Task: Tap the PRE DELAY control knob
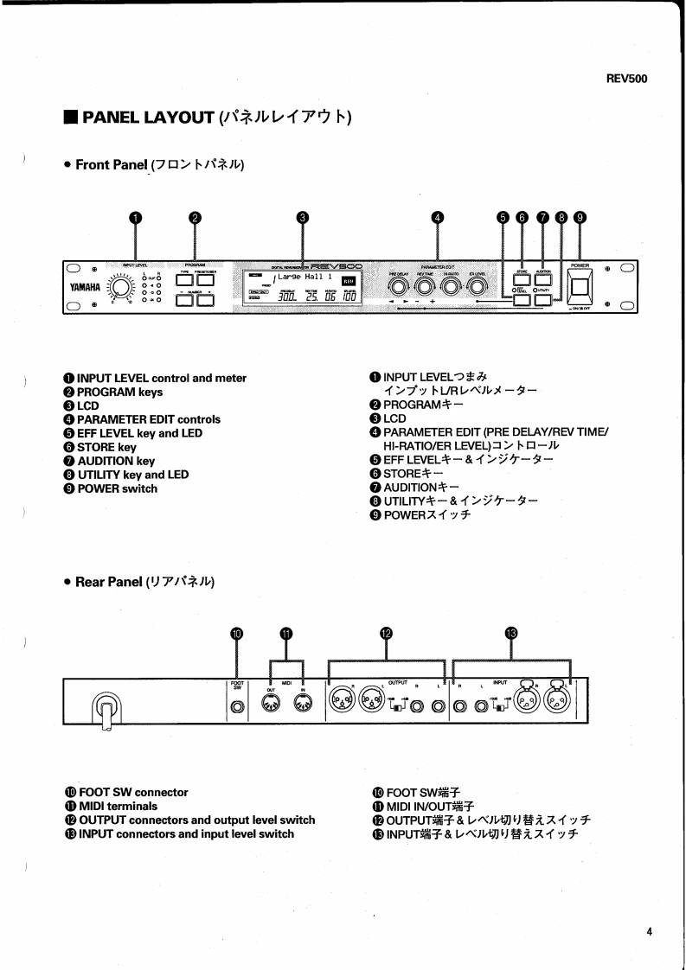[399, 286]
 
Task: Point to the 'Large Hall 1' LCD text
[299, 277]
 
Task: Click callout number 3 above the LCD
[302, 218]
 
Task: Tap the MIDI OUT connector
[270, 706]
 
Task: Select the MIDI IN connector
[304, 706]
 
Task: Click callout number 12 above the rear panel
[387, 633]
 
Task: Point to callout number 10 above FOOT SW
[238, 633]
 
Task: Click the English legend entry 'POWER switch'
[117, 488]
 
